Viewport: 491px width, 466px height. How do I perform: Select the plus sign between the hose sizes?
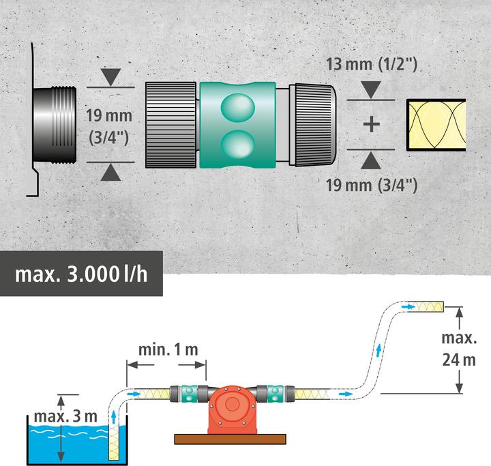[371, 124]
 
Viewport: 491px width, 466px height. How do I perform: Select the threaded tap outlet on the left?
[57, 124]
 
